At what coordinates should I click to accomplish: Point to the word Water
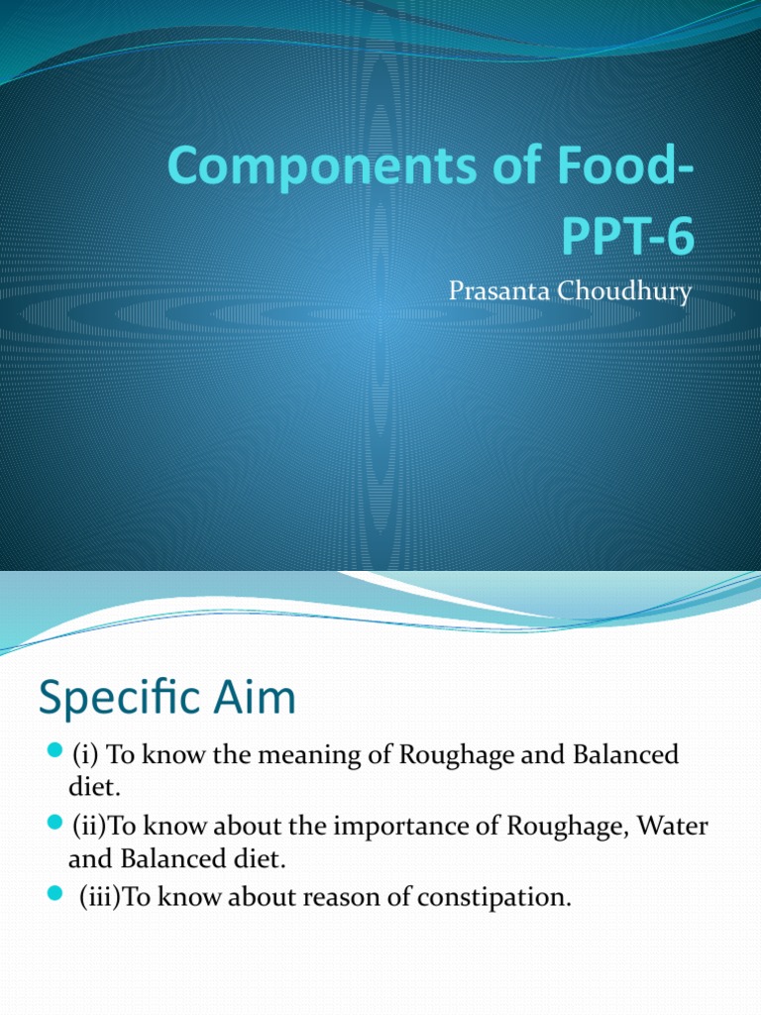coord(671,827)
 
